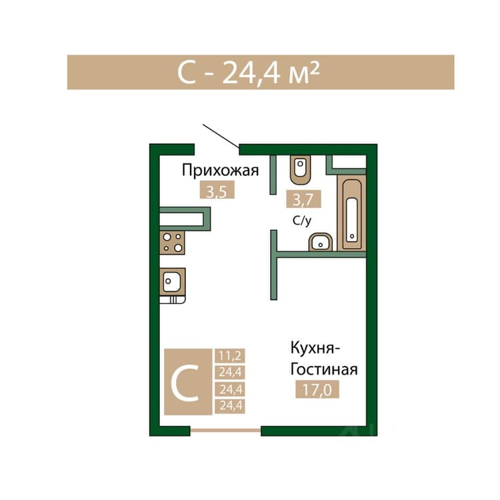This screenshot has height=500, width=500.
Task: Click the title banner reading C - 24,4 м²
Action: (x=261, y=72)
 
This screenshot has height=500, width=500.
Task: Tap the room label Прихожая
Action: (x=220, y=171)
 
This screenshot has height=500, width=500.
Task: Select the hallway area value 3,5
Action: (x=217, y=190)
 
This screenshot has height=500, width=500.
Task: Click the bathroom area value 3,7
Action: (x=303, y=199)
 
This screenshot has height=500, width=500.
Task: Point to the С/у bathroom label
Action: (x=301, y=221)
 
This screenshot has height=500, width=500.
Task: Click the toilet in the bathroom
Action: (x=301, y=169)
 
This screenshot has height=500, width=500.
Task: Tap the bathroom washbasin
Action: (x=321, y=243)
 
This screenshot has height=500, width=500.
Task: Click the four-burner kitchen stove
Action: (x=172, y=243)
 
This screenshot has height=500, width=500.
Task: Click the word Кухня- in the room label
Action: (x=315, y=348)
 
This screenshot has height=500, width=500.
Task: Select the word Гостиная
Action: (x=324, y=369)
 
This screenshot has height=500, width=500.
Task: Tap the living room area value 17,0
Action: (x=317, y=389)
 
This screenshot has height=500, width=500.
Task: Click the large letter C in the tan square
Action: (x=185, y=383)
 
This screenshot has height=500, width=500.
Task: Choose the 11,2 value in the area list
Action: (x=230, y=355)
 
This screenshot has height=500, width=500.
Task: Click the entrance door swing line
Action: (x=221, y=136)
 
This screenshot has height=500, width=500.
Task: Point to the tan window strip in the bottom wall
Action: (x=226, y=430)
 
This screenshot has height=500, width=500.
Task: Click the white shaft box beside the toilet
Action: (x=349, y=162)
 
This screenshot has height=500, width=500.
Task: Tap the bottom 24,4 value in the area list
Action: (x=230, y=406)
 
